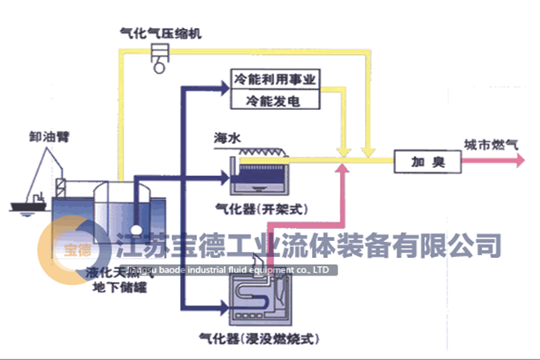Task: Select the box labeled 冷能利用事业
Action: pos(276,80)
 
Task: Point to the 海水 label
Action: pos(227,137)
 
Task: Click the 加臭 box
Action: pos(428,161)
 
